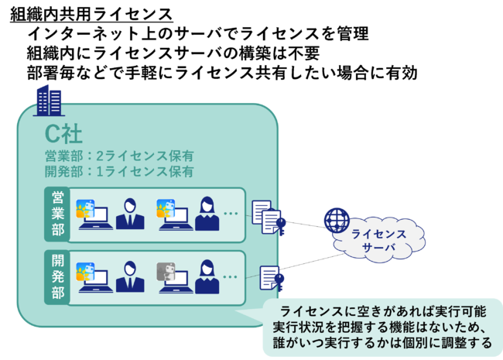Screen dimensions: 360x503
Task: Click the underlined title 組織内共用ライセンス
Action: (91, 13)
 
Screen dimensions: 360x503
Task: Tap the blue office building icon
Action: (50, 101)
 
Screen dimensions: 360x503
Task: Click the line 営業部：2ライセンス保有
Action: (118, 156)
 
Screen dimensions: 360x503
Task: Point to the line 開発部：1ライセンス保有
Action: (118, 171)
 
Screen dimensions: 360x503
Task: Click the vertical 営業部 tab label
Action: (57, 209)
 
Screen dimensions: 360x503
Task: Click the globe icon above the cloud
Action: (336, 220)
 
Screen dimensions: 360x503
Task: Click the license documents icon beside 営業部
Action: (265, 218)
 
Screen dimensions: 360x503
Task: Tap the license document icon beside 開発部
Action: (269, 278)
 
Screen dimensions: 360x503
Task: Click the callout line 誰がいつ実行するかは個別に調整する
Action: (382, 342)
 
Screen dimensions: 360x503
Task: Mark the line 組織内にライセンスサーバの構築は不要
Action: (173, 53)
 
